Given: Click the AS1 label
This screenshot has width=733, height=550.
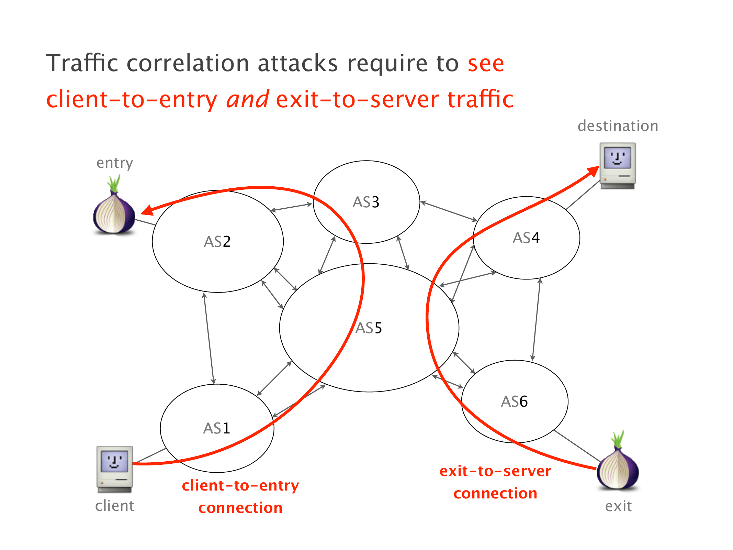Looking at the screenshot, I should [x=216, y=428].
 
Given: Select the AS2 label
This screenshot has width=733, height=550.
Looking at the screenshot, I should [x=217, y=242].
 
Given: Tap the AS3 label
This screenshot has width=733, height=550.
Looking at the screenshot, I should [x=366, y=202].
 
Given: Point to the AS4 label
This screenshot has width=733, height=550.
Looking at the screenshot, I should [x=526, y=238].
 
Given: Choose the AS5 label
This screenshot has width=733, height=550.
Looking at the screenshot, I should [x=369, y=328].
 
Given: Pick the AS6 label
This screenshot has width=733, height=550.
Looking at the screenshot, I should [x=514, y=401].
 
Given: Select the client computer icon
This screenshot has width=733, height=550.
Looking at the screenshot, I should [x=115, y=469].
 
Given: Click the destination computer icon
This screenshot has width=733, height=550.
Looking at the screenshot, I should [x=618, y=166].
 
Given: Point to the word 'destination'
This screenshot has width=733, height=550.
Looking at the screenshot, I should [x=618, y=126].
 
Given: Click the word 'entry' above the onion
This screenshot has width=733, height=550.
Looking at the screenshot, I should [x=114, y=163].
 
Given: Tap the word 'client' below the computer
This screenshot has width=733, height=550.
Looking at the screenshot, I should [x=114, y=506].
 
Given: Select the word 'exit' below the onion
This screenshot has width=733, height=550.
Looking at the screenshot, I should [x=618, y=506].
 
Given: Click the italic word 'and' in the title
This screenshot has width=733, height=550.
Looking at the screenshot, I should [x=247, y=99].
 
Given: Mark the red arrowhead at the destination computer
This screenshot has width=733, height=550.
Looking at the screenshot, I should [x=593, y=171].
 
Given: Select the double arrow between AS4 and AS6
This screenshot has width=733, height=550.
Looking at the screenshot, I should [x=536, y=319].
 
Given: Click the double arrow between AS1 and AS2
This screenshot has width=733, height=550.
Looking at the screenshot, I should [x=209, y=338].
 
